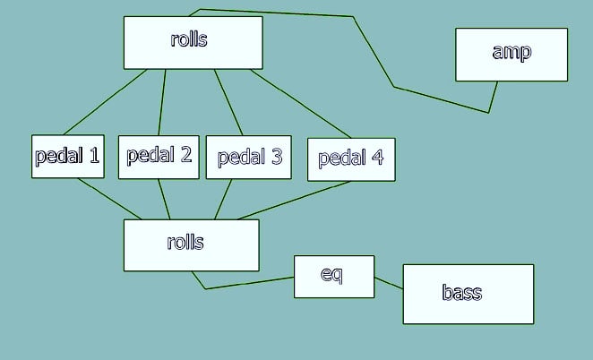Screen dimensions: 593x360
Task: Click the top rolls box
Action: (x=193, y=43)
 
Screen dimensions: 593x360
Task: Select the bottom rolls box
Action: (x=192, y=245)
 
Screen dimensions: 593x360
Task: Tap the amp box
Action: (x=511, y=55)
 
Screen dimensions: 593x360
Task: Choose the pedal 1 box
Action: (x=68, y=156)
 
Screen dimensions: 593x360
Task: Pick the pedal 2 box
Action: (x=159, y=157)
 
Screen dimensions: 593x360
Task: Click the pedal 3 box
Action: (x=248, y=157)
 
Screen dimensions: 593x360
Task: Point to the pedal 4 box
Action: (x=351, y=159)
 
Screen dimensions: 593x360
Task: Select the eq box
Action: (x=334, y=277)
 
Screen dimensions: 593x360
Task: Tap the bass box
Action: (x=468, y=294)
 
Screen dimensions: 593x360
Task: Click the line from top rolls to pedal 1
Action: (x=105, y=102)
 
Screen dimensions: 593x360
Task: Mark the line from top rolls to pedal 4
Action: (x=301, y=104)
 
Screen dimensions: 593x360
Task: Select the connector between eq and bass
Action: (x=389, y=283)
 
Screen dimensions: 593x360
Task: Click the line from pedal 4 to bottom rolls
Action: (x=294, y=201)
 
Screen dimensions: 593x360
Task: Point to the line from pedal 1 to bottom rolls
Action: (x=109, y=199)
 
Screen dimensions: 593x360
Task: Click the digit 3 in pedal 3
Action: (x=277, y=156)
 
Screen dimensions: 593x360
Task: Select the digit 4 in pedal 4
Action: (x=377, y=157)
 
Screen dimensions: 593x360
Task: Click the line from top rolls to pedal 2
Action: (x=162, y=102)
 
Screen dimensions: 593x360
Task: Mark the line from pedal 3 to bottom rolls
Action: (x=223, y=200)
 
